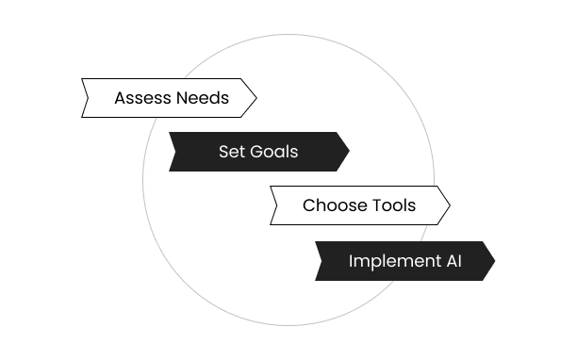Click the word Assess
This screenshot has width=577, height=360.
click(x=142, y=98)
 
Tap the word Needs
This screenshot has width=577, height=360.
click(x=202, y=98)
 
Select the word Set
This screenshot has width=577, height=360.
click(x=231, y=152)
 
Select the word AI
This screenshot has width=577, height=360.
click(x=453, y=261)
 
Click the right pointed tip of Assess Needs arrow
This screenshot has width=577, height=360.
click(x=255, y=98)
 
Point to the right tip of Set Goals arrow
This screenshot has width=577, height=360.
click(x=349, y=152)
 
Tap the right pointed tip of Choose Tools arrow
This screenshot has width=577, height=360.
click(x=449, y=205)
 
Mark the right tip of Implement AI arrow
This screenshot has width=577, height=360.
click(x=495, y=261)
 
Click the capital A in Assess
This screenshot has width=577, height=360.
click(x=120, y=98)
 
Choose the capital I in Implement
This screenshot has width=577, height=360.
click(x=351, y=261)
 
